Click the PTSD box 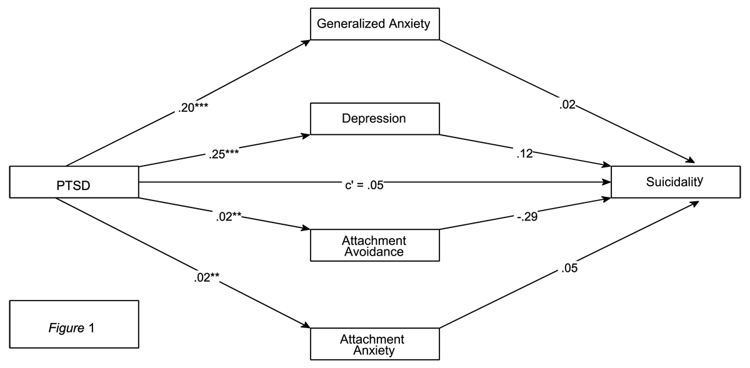coord(74,182)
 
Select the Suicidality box coord(676,182)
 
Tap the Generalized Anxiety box coord(374,24)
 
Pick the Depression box coord(374,119)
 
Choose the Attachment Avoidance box coord(374,245)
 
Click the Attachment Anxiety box coord(374,344)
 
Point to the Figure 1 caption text coord(72,328)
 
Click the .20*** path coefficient coord(193,107)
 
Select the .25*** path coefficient coord(224,154)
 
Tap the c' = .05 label coord(364,185)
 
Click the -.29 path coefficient coord(527,217)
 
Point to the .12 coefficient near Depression coord(524,153)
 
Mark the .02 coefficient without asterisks coord(567,105)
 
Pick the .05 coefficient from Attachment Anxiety coord(569,268)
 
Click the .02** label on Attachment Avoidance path coord(229,217)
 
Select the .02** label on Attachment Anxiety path coord(207,277)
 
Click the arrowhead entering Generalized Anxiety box coord(306,42)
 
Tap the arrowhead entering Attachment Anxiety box coord(306,326)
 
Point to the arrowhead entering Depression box coord(306,136)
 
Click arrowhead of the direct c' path coord(607,182)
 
